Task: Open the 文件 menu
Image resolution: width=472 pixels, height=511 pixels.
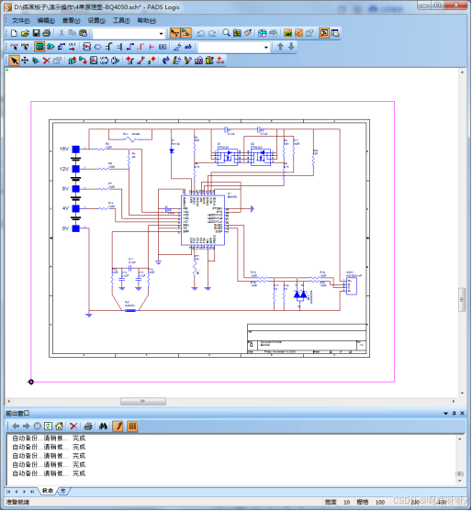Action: [20, 19]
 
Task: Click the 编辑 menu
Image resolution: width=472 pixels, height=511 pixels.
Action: [45, 19]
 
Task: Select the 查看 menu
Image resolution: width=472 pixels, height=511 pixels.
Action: [70, 19]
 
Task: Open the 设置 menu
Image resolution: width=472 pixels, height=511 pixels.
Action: [96, 19]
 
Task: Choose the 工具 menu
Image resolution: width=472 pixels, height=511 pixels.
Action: [121, 19]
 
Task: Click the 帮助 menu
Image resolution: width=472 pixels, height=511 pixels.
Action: [146, 19]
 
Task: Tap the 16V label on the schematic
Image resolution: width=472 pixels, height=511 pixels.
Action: [64, 149]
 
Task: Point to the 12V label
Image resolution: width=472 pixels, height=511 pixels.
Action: [64, 169]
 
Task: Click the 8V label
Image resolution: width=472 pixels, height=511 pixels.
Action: [65, 188]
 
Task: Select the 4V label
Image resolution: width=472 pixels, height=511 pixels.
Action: [65, 208]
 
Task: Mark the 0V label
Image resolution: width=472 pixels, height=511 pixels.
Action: [65, 228]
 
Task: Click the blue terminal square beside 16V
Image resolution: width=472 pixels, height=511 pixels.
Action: [76, 149]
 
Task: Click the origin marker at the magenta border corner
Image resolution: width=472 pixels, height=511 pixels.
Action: [31, 382]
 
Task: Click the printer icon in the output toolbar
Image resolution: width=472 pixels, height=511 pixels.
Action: [88, 426]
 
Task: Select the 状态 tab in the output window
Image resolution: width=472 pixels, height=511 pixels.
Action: [47, 491]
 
